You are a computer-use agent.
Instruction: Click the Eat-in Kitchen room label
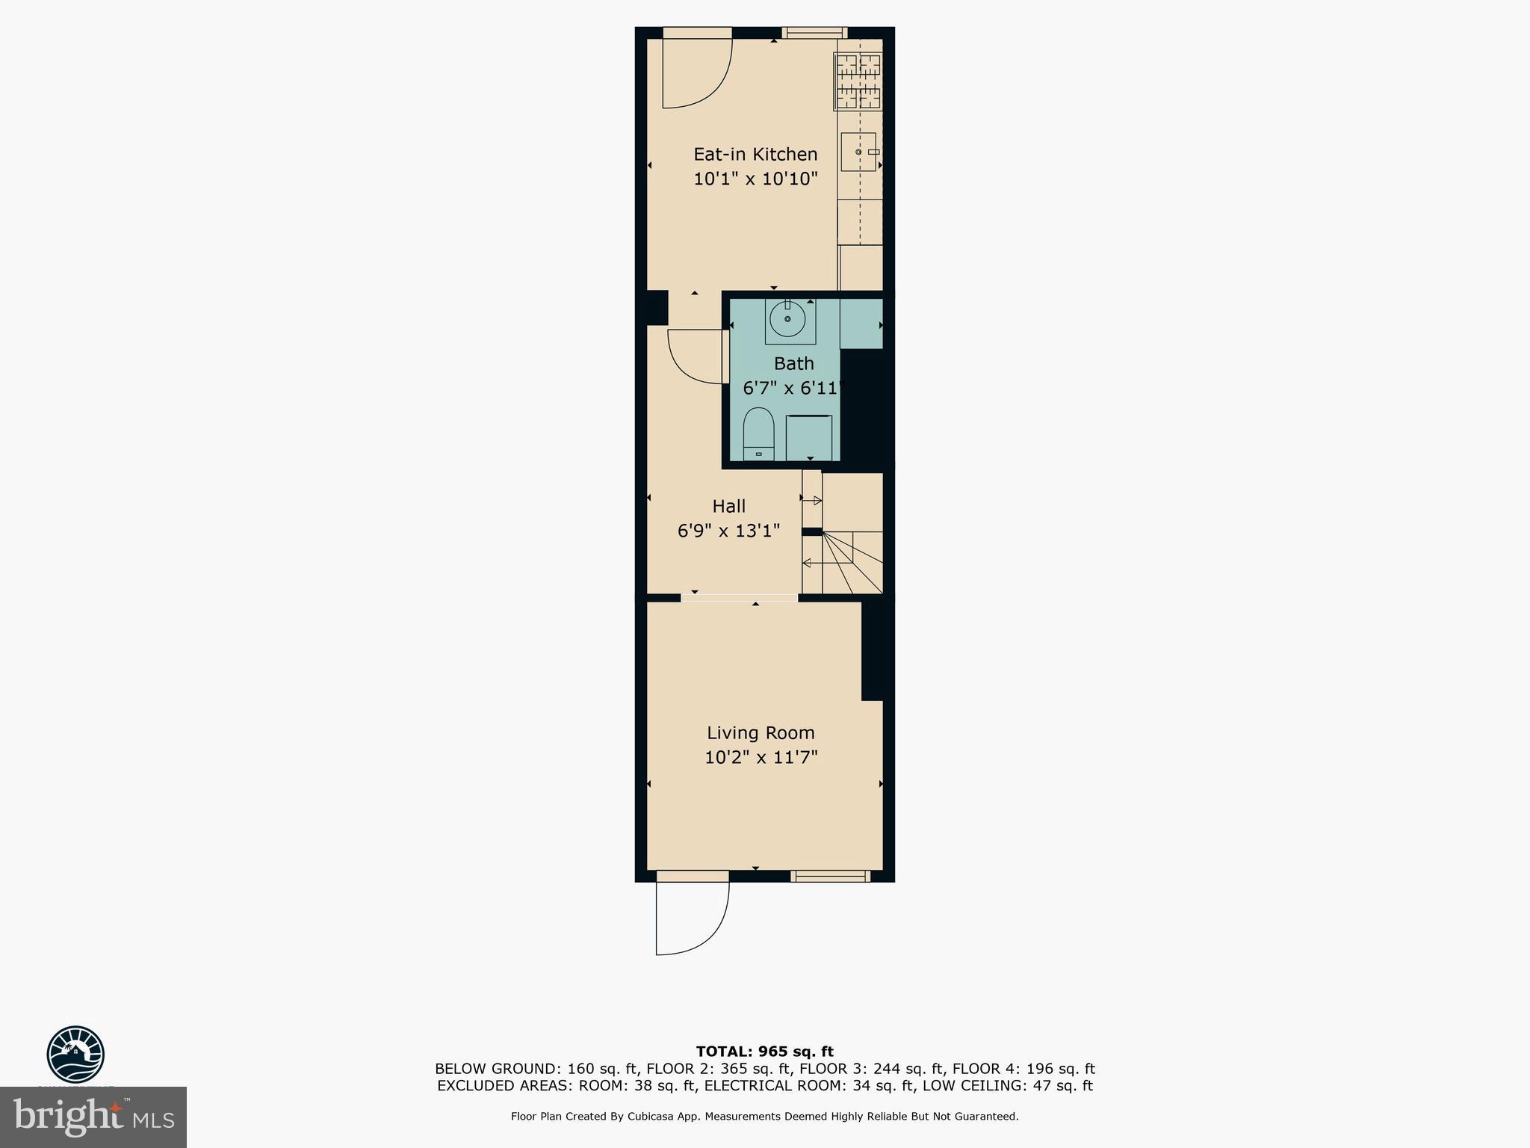pos(755,154)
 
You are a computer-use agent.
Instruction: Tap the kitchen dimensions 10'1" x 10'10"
pos(755,179)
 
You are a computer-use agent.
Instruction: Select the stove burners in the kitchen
pos(858,82)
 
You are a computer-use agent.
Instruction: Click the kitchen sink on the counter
pos(858,152)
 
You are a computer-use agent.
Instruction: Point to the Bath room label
pos(793,364)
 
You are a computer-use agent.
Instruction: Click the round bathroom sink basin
pos(787,320)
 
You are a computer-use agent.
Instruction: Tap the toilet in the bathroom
pos(758,435)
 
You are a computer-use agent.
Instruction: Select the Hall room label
pos(728,506)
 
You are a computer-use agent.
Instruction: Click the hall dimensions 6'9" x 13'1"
pos(728,531)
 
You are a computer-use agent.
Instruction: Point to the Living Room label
pos(761,732)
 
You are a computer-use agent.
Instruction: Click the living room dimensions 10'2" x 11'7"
pos(761,757)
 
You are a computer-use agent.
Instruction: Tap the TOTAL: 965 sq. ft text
pos(764,1052)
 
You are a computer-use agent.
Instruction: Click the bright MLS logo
pos(93,1117)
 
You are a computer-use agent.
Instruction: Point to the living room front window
pos(830,876)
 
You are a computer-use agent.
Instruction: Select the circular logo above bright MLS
pos(75,1054)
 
